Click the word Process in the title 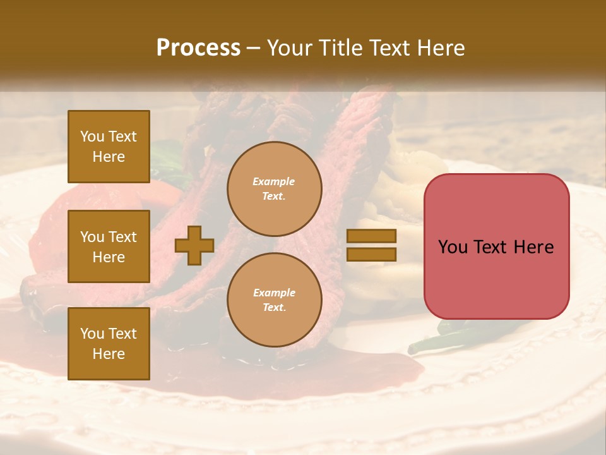click(x=198, y=48)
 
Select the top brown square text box click(x=109, y=147)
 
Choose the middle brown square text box click(x=109, y=246)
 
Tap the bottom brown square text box click(x=109, y=344)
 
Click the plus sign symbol click(x=194, y=245)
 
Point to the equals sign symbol click(x=371, y=245)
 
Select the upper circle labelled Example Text click(x=274, y=189)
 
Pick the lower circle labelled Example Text click(x=274, y=300)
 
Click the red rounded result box click(x=496, y=246)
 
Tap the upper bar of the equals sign click(x=371, y=236)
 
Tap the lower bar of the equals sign click(x=371, y=254)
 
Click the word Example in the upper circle click(x=274, y=181)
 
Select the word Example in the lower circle click(x=274, y=293)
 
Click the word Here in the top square click(x=109, y=157)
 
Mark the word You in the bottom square click(x=92, y=334)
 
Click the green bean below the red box click(x=436, y=339)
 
